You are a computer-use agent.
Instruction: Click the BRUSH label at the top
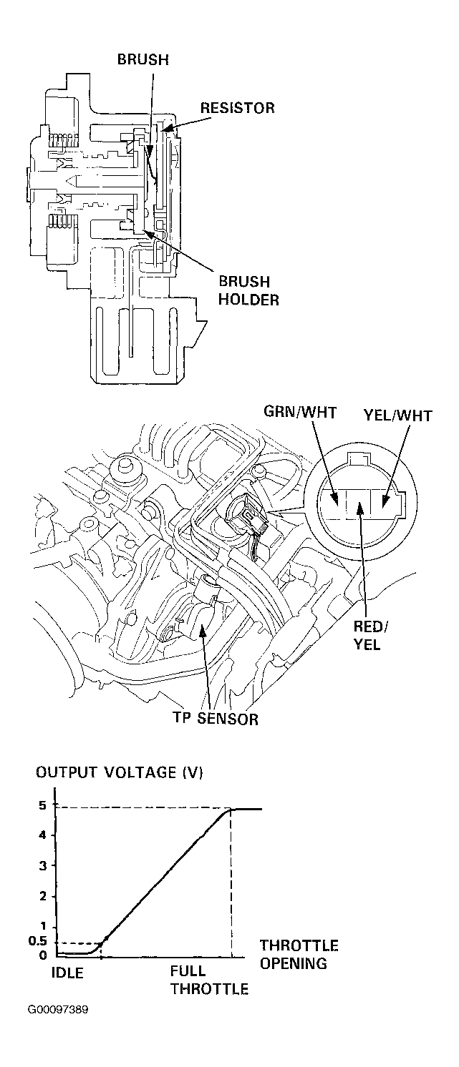click(x=143, y=59)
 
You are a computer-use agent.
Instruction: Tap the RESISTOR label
click(x=238, y=108)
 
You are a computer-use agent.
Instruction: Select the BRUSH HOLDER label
click(x=248, y=290)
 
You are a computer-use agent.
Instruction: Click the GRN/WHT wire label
click(x=300, y=412)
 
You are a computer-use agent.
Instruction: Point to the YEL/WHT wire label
click(x=398, y=416)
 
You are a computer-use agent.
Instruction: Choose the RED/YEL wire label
click(x=371, y=635)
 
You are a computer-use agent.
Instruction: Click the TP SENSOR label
click(x=216, y=719)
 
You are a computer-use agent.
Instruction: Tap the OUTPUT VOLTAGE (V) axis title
click(x=120, y=772)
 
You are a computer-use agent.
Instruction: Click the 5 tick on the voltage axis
click(x=43, y=805)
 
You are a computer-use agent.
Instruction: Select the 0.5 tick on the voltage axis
click(x=38, y=940)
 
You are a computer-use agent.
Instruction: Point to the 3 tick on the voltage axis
click(x=43, y=865)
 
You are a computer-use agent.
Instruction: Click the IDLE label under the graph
click(x=67, y=972)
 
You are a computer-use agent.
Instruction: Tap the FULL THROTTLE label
click(x=210, y=980)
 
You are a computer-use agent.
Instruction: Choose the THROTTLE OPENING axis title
click(x=299, y=954)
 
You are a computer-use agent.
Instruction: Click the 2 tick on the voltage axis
click(x=43, y=896)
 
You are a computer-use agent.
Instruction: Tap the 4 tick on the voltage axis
click(x=43, y=835)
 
